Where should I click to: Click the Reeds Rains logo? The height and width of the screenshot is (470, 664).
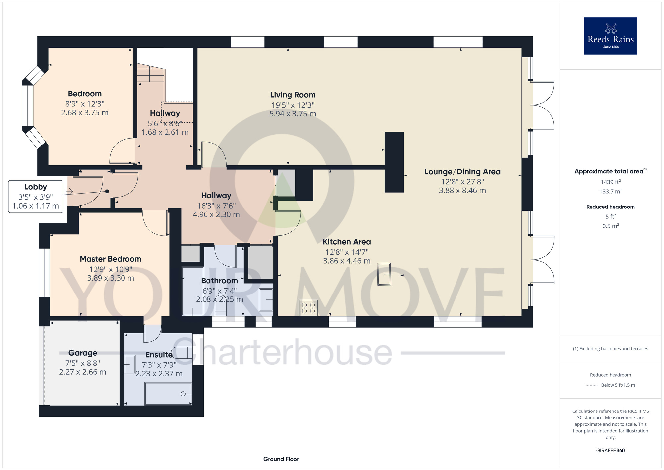(x=610, y=36)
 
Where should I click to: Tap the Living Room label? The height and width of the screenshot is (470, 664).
(x=292, y=95)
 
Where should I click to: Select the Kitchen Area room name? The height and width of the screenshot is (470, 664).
(x=347, y=242)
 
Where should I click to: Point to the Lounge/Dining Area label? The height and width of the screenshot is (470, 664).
(x=462, y=172)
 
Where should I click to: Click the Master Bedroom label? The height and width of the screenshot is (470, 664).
(x=111, y=259)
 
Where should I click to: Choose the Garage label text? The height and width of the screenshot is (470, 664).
(x=83, y=353)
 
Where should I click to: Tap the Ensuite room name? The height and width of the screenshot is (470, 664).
(x=159, y=355)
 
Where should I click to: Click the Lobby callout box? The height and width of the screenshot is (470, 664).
(x=36, y=196)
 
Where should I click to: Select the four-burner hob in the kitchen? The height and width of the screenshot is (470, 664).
(x=308, y=308)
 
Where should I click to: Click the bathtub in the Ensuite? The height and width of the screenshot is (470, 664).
(x=168, y=394)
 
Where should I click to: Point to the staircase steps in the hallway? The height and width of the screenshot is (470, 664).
(x=151, y=74)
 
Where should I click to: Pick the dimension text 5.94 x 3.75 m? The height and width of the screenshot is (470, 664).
(x=292, y=114)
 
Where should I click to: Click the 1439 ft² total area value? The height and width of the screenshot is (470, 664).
(x=610, y=182)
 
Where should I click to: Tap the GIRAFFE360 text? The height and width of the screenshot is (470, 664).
(x=610, y=451)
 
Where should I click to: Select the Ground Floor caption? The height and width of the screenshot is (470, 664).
(x=281, y=459)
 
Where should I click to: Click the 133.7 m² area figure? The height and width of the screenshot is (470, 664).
(x=610, y=191)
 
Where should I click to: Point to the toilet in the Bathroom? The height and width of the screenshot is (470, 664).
(x=221, y=305)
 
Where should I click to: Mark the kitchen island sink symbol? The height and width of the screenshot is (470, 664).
(x=384, y=274)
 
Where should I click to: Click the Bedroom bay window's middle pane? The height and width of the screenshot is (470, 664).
(x=28, y=106)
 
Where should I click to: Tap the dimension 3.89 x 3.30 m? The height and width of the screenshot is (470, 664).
(x=111, y=278)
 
